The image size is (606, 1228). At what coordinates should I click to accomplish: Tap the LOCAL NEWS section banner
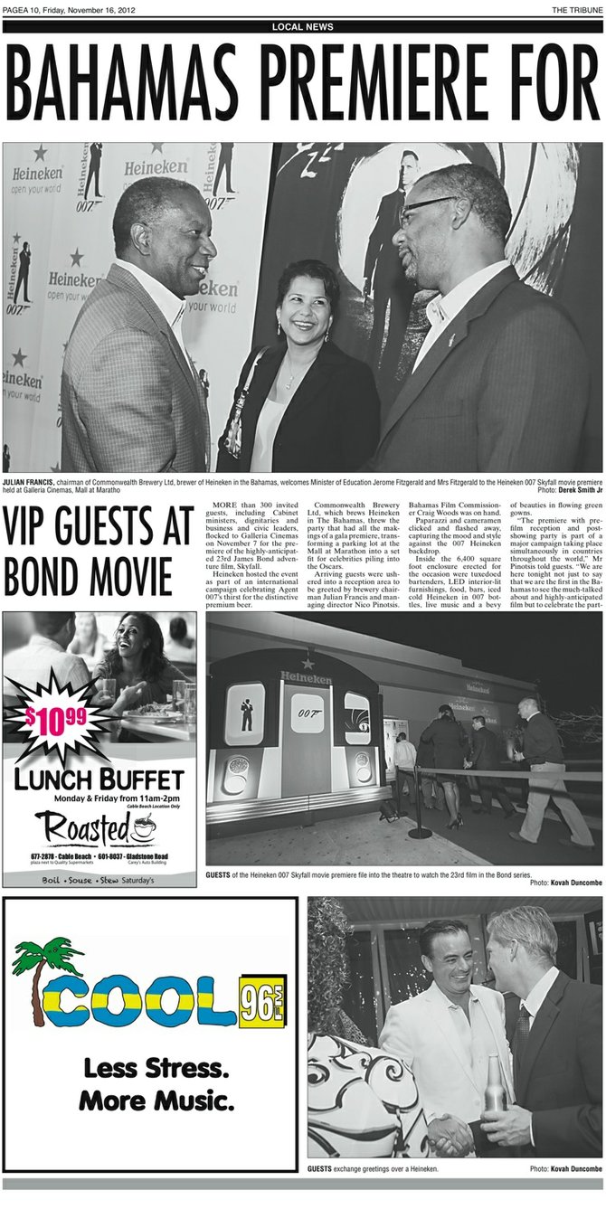[x=302, y=27]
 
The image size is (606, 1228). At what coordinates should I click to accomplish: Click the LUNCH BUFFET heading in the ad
[x=99, y=779]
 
